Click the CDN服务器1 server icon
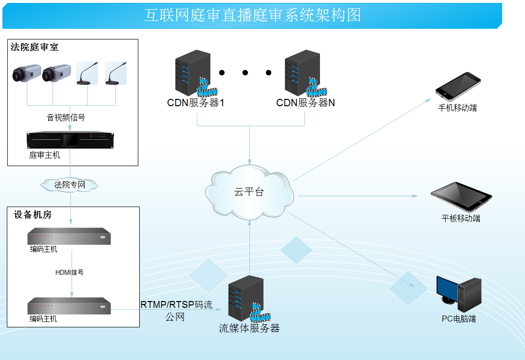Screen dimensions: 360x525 (x=194, y=73)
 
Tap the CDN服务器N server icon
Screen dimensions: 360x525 (x=303, y=73)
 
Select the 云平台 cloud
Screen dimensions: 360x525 (x=249, y=192)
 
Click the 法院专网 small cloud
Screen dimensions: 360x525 (x=70, y=185)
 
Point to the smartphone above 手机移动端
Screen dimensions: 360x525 (x=458, y=86)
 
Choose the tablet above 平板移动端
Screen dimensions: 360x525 (x=461, y=196)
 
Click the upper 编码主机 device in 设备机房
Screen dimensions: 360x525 (x=69, y=237)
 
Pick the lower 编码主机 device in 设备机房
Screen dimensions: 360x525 (x=69, y=306)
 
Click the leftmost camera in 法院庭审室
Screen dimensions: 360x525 (x=26, y=73)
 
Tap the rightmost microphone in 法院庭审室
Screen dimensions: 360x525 (x=116, y=73)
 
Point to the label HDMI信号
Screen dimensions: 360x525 (x=70, y=272)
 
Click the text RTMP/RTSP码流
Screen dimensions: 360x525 (x=177, y=305)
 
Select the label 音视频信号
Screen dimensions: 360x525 (x=66, y=117)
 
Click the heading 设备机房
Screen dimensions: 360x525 (x=33, y=215)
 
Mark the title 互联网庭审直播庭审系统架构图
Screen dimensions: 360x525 (x=252, y=15)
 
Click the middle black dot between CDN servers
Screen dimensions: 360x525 (x=245, y=73)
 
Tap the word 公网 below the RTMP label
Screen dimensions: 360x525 (x=175, y=317)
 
